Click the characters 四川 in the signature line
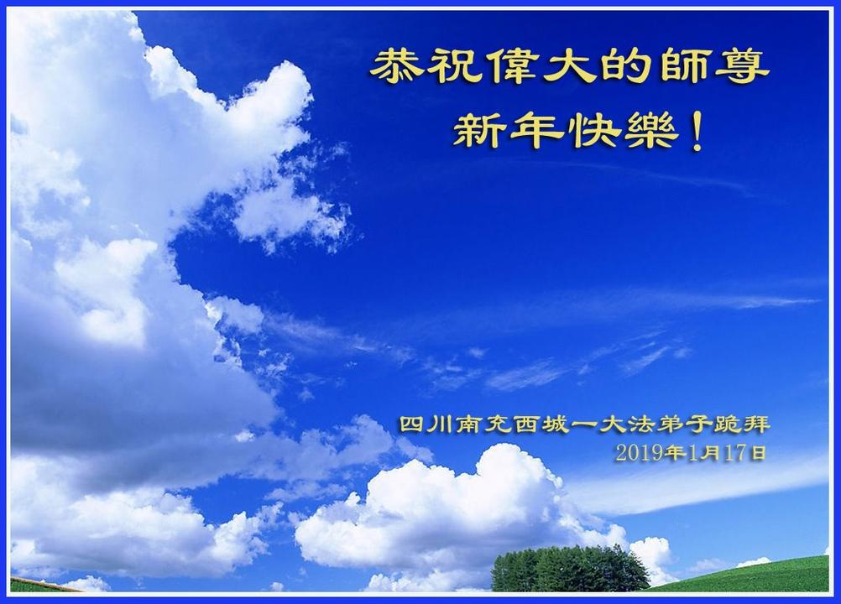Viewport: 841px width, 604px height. point(426,425)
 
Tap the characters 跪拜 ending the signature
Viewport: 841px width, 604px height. point(742,425)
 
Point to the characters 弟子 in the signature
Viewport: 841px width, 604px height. point(684,425)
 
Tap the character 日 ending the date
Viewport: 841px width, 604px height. point(757,453)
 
